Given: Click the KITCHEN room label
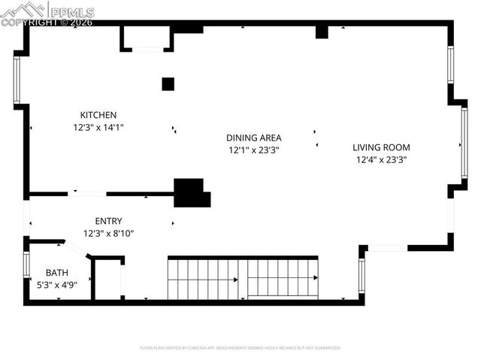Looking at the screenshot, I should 98,115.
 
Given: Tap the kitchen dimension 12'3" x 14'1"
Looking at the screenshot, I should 98,127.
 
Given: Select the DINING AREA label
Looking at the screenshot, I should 254,138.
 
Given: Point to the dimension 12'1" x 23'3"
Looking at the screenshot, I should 254,150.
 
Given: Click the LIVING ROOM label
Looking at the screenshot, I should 382,147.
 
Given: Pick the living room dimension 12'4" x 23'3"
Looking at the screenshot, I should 382,159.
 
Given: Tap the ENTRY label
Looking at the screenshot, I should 108,221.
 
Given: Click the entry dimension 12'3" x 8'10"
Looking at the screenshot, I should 108,233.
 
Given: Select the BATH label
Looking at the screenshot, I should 56,272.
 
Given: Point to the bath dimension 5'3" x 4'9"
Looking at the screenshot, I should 56,284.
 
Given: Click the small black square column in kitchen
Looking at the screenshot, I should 168,84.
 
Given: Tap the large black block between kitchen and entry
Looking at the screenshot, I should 190,192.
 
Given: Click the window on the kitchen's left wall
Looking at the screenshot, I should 17,80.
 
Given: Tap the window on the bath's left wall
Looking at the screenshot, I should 26,265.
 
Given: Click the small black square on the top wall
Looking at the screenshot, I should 322,32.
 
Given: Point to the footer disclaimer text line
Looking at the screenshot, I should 240,348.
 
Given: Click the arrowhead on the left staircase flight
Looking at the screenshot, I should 235,280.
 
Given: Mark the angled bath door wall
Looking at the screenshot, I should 77,249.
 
